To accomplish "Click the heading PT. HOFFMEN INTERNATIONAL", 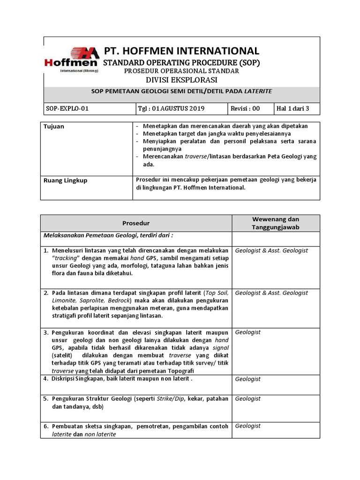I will (181, 51).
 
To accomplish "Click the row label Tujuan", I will (54, 127).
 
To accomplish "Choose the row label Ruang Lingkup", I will (65, 180).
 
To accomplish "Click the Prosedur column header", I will (136, 223).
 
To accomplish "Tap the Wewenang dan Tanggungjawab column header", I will (276, 223).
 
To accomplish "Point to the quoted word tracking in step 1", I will (67, 258).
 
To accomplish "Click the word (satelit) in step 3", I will (60, 355).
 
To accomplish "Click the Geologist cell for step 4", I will (248, 379).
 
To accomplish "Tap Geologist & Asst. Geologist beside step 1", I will (271, 251).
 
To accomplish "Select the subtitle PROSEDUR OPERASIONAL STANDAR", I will (181, 71).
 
